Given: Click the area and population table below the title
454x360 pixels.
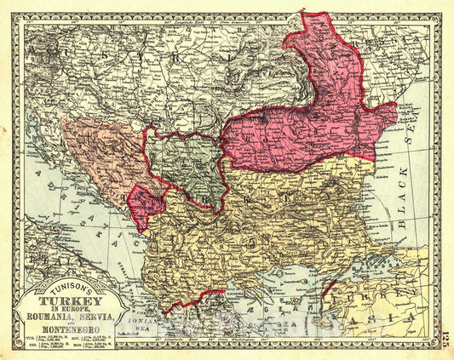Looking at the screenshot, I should coord(71,344).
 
